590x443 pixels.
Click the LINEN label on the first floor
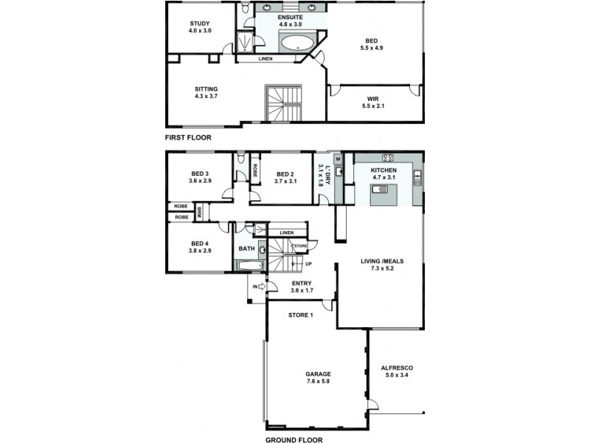(267, 59)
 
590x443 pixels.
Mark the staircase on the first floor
(284, 103)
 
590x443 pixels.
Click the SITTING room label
(206, 92)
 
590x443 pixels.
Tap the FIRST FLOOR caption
(188, 138)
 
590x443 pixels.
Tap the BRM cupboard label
(199, 213)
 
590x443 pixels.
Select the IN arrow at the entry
(259, 286)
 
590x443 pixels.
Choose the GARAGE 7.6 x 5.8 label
(318, 378)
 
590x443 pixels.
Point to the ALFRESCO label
(396, 371)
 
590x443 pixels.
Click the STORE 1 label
(300, 316)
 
